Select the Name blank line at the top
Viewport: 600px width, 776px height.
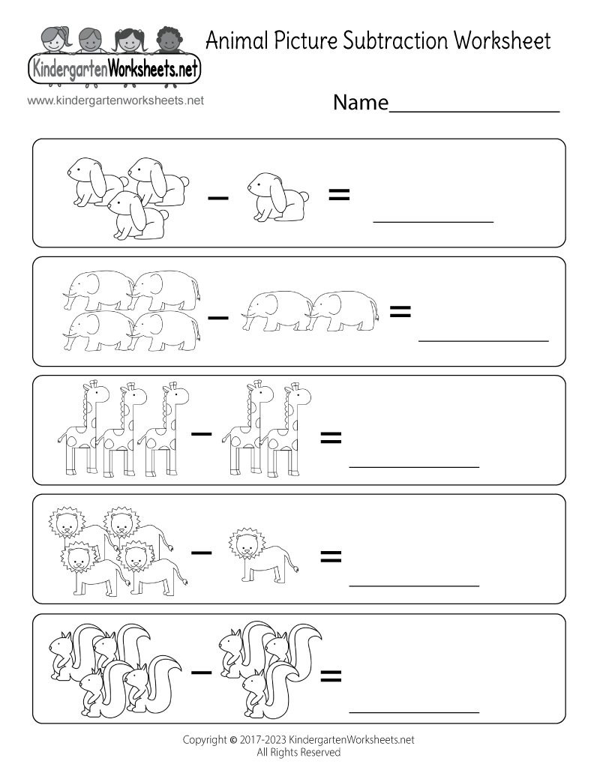click(474, 111)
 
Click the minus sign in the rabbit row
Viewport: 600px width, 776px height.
click(217, 198)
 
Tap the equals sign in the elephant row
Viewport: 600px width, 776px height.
click(400, 311)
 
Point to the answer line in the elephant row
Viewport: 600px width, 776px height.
click(483, 340)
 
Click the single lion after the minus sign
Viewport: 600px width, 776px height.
click(262, 555)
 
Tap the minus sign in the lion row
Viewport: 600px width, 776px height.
click(200, 553)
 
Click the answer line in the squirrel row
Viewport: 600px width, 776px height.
click(414, 711)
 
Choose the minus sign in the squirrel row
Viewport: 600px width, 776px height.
click(200, 671)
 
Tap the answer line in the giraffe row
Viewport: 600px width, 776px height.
click(414, 466)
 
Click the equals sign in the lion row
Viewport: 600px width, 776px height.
click(331, 556)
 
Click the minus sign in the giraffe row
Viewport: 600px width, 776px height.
click(200, 433)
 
